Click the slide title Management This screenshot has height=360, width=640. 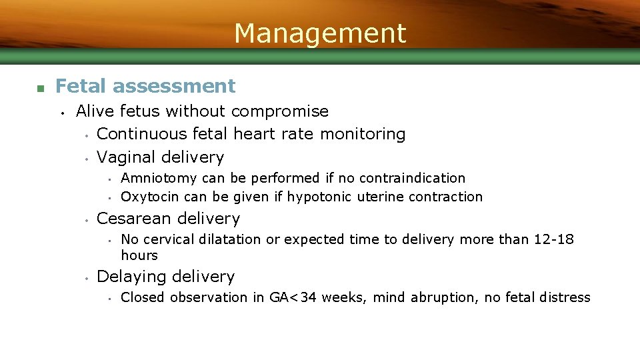[x=320, y=33]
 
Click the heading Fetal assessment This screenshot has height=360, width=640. [x=145, y=86]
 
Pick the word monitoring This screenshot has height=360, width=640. [x=363, y=134]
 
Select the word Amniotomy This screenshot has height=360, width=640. [x=159, y=178]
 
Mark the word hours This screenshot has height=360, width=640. [x=139, y=255]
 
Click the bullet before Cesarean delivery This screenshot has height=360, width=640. [x=87, y=219]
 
